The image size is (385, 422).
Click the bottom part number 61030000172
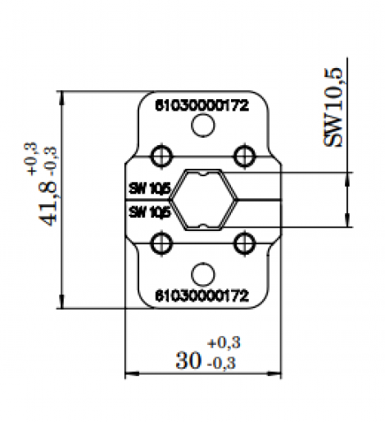[202, 293]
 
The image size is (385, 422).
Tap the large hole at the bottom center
[202, 273]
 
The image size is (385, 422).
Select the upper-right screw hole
[243, 155]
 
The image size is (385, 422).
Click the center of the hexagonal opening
[202, 198]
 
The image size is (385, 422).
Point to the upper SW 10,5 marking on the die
[149, 188]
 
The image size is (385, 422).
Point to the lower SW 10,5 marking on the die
[149, 211]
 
